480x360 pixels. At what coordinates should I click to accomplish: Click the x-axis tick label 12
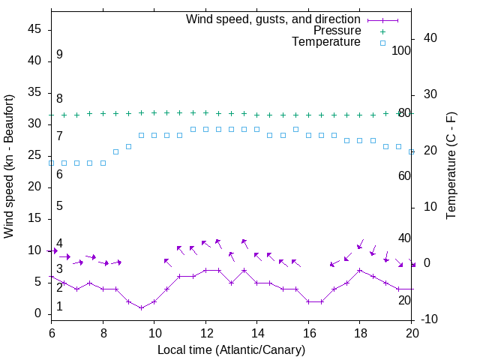point(205,332)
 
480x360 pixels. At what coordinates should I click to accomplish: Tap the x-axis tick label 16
point(308,332)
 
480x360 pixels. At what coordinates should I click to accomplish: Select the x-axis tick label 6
point(51,332)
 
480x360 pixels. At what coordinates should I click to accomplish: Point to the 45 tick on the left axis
point(34,30)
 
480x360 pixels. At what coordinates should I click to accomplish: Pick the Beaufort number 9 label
point(59,55)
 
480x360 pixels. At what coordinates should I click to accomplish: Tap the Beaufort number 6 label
point(59,174)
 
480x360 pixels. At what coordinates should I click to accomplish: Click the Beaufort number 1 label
point(59,307)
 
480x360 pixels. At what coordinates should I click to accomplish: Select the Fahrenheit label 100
point(402,51)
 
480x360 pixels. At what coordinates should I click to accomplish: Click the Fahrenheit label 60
point(404,175)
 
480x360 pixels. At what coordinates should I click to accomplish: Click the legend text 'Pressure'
point(337,31)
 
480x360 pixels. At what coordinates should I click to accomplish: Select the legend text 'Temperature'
point(326,43)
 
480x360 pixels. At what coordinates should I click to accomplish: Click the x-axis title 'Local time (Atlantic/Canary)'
point(231,349)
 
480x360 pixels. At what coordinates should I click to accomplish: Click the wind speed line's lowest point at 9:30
point(141,307)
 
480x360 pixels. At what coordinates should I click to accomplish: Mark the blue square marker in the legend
point(382,43)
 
